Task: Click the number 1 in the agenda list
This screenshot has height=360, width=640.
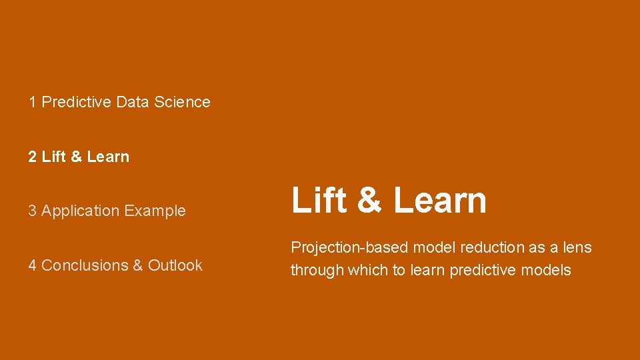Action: click(33, 102)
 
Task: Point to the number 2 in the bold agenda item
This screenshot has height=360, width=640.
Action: click(33, 157)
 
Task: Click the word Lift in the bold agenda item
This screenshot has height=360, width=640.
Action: click(53, 157)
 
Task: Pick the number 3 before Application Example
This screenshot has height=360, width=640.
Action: click(33, 211)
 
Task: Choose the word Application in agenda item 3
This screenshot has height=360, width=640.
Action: click(80, 211)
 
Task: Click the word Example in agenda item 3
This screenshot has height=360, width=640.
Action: click(155, 211)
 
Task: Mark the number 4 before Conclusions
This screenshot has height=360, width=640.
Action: click(33, 265)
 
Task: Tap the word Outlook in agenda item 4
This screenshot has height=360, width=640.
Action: click(175, 265)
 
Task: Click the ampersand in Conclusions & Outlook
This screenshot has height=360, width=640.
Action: click(138, 265)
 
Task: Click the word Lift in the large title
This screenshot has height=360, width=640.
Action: click(319, 200)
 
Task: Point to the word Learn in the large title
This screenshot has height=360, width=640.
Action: click(440, 200)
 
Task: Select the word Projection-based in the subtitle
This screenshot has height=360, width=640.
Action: click(349, 248)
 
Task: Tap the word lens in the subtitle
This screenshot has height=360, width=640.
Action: click(577, 247)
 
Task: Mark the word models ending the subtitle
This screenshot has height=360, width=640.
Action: click(547, 270)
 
